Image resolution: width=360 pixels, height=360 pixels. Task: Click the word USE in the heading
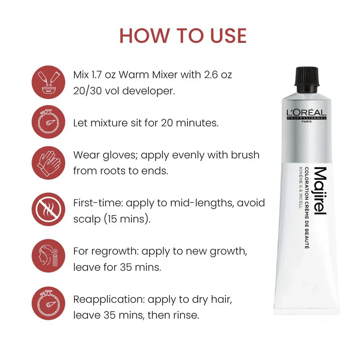click(x=228, y=36)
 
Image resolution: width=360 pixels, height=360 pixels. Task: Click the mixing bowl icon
click(x=48, y=82)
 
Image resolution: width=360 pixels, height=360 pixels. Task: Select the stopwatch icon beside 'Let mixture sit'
click(x=48, y=122)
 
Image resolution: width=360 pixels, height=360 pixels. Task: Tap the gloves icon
click(x=48, y=163)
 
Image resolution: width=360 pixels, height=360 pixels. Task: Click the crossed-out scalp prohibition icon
click(x=48, y=209)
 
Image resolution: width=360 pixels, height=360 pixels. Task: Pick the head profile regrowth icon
click(x=48, y=256)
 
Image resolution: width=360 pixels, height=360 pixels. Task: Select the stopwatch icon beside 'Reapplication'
click(x=48, y=303)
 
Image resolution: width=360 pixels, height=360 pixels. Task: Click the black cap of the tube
click(x=307, y=80)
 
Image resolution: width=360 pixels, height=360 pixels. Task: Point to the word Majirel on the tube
click(x=320, y=191)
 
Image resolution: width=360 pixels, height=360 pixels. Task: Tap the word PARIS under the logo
click(x=307, y=122)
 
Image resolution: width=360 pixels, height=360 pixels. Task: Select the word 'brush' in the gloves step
click(x=245, y=155)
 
